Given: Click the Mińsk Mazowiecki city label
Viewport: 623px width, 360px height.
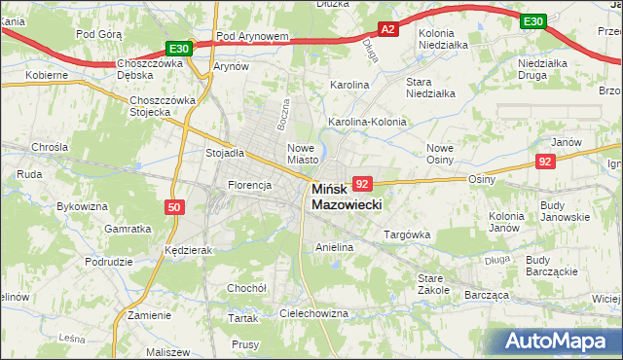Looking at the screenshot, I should point(347,198).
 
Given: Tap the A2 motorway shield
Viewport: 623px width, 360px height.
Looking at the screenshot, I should point(387,30).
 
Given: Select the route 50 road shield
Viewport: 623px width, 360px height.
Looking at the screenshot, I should point(173,207).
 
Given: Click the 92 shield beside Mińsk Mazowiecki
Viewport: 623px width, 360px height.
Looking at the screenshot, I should point(362,184).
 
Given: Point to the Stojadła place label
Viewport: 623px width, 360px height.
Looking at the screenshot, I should point(224,153).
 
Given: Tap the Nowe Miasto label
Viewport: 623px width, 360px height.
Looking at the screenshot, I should point(303,154).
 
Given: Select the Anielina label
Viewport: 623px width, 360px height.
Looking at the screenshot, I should point(334,248).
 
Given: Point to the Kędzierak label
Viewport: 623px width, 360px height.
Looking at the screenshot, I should point(189,250).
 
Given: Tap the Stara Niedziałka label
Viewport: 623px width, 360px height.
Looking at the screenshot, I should point(431,88).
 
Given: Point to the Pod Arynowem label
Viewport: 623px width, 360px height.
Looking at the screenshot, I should point(253,37).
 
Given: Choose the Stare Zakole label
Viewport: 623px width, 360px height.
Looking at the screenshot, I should point(433,283).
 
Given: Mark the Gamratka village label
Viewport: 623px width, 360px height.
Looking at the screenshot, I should point(128,229).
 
